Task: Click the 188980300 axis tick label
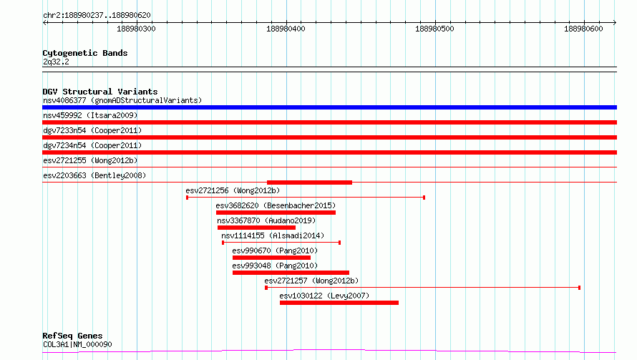[x=136, y=29]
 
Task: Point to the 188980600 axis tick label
[x=583, y=29]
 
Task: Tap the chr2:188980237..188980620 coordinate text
[x=97, y=16]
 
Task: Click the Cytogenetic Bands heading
[x=85, y=53]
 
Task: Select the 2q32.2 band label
[x=56, y=62]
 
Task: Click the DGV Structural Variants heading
[x=100, y=92]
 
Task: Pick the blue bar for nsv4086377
[x=329, y=107]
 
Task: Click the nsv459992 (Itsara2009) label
[x=90, y=115]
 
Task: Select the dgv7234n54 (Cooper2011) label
[x=92, y=145]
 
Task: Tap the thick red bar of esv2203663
[x=309, y=183]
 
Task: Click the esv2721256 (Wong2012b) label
[x=233, y=190]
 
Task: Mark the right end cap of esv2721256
[x=424, y=198]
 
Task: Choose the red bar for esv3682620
[x=276, y=213]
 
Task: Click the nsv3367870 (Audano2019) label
[x=266, y=220]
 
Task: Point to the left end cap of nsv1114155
[x=223, y=243]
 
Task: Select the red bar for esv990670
[x=271, y=258]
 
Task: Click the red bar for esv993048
[x=291, y=273]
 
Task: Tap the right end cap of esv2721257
[x=579, y=288]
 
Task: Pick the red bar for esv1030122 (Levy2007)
[x=339, y=303]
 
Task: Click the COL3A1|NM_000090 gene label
[x=77, y=344]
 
